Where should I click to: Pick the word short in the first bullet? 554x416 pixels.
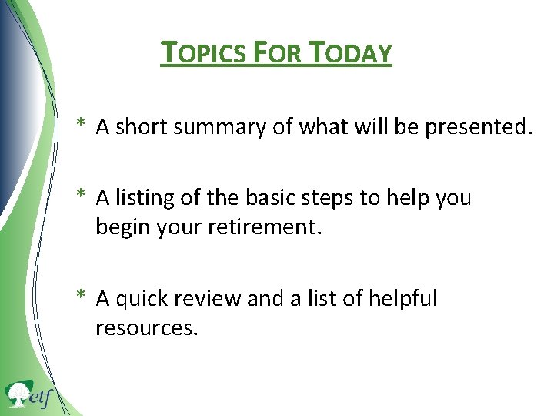[x=142, y=128]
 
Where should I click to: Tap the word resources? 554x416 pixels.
[x=147, y=329]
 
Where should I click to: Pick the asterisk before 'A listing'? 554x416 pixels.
[x=81, y=196]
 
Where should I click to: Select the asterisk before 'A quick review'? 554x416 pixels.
[x=81, y=296]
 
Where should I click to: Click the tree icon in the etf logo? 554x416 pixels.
[x=18, y=395]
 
